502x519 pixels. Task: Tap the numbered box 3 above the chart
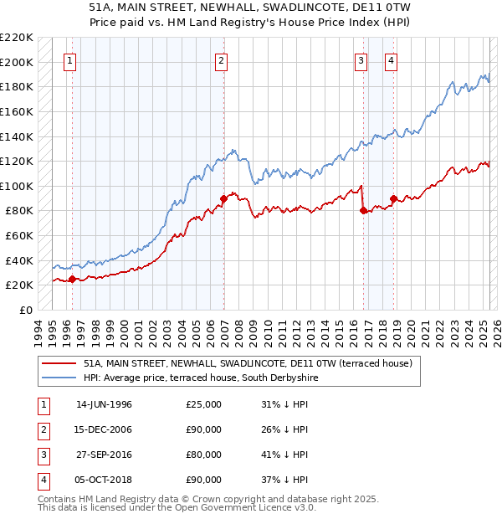(361, 60)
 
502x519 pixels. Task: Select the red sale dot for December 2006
(224, 198)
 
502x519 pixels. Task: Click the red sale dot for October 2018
(393, 198)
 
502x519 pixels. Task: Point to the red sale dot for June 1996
(72, 279)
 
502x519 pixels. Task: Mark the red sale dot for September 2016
(364, 211)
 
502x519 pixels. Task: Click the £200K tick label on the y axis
(17, 62)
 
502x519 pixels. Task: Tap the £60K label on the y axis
(19, 236)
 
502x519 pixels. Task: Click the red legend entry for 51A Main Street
(248, 364)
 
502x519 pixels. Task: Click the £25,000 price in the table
(203, 404)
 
